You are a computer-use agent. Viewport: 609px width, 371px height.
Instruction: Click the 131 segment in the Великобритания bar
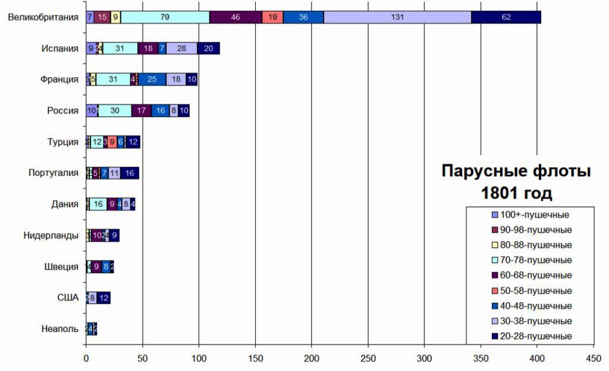click(397, 17)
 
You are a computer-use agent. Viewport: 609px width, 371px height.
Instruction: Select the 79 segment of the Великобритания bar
click(165, 17)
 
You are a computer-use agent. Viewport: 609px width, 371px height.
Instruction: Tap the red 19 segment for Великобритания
click(272, 17)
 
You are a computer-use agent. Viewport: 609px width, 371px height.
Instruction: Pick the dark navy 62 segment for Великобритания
click(506, 17)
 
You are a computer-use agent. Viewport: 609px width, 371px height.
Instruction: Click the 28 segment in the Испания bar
click(181, 49)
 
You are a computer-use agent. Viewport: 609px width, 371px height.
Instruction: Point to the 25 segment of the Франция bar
click(152, 80)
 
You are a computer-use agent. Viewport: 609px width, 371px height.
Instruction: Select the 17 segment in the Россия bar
click(142, 110)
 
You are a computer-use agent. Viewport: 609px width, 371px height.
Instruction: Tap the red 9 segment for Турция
click(112, 142)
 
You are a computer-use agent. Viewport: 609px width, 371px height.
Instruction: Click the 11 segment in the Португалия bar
click(114, 173)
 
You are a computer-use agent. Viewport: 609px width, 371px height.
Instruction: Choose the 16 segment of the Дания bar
click(98, 204)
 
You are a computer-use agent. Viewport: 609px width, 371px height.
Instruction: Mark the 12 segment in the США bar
click(103, 297)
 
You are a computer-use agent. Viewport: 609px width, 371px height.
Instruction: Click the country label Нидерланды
click(51, 235)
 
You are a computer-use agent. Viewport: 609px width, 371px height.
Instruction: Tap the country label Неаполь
click(59, 328)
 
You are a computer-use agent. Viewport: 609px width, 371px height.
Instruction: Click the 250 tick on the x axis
click(368, 359)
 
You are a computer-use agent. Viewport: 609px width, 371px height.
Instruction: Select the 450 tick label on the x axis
click(593, 359)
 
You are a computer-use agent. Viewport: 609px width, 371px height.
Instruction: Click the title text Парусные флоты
click(516, 172)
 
